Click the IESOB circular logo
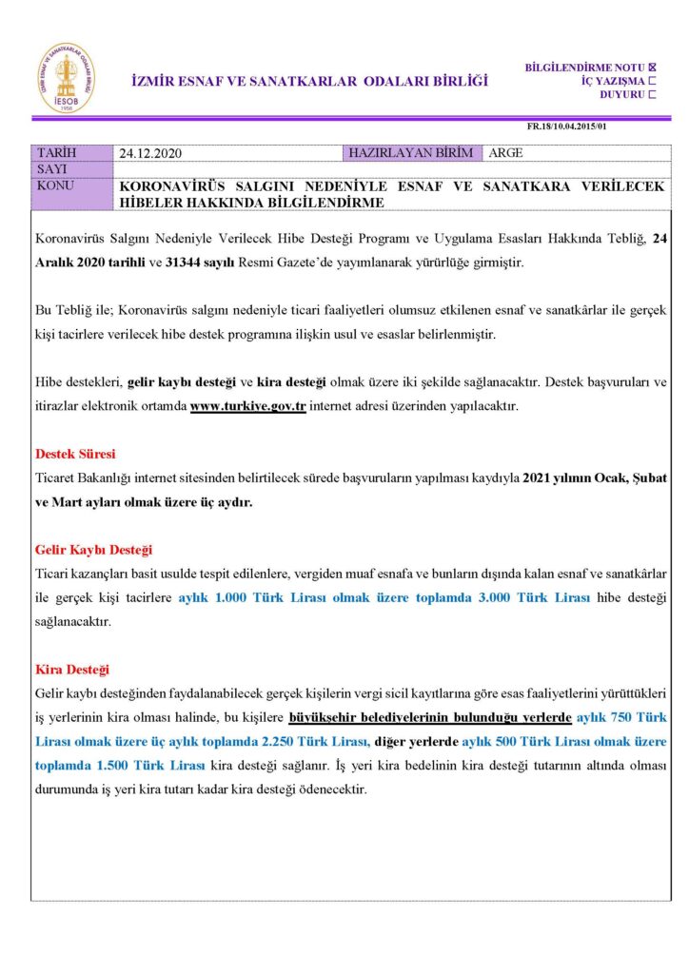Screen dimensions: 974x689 [x=66, y=78]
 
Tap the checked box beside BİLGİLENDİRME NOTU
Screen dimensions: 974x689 [x=652, y=67]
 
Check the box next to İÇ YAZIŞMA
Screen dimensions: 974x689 [x=652, y=81]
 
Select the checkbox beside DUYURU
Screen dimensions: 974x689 [x=652, y=94]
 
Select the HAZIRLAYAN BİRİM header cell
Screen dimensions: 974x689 [x=414, y=152]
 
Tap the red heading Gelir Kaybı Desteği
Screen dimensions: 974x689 [x=93, y=550]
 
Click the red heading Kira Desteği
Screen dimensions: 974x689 [x=72, y=670]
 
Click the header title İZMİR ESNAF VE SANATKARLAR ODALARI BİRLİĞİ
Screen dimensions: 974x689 [x=309, y=81]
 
